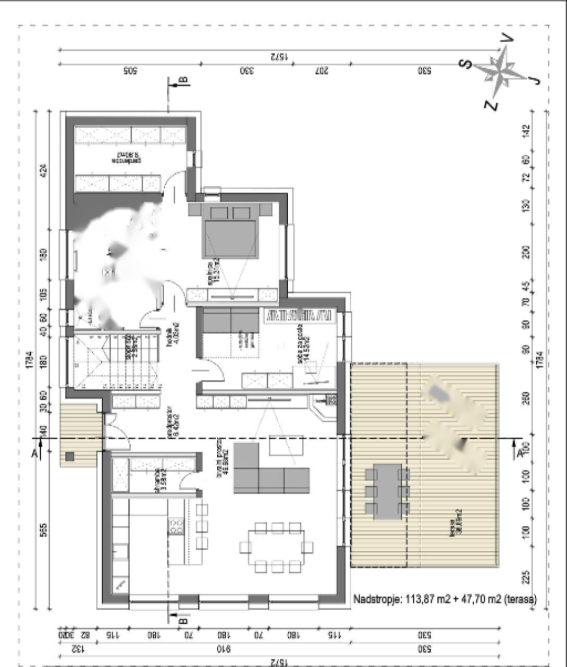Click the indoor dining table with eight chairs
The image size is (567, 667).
pyautogui.click(x=276, y=547)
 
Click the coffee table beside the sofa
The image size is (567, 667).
pyautogui.click(x=286, y=446)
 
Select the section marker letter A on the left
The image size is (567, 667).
pyautogui.click(x=35, y=454)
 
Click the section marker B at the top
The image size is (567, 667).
pyautogui.click(x=183, y=80)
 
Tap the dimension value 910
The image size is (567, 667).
pyautogui.click(x=224, y=649)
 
